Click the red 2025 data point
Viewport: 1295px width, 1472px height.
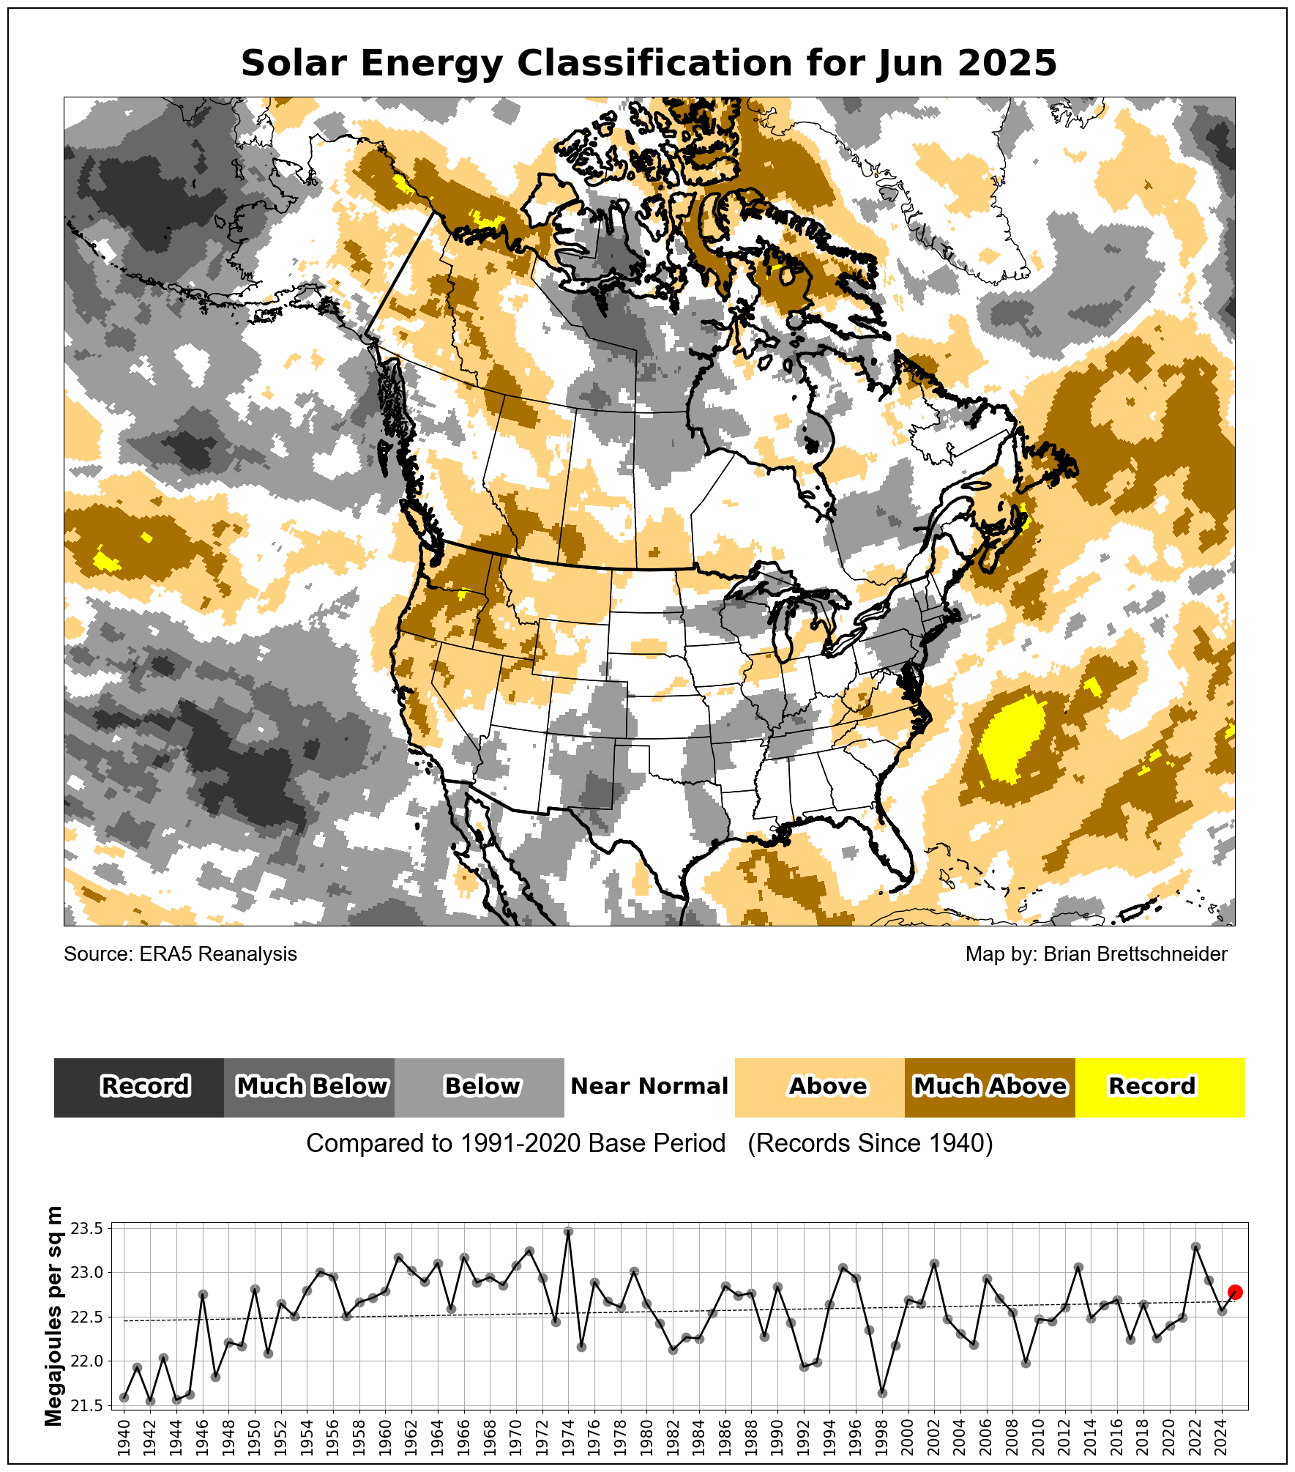1235,1292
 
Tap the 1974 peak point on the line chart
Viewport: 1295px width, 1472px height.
568,1232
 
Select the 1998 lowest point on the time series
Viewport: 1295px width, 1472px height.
882,1393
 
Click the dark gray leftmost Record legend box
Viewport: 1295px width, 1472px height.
139,1088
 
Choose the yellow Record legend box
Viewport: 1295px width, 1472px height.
1160,1088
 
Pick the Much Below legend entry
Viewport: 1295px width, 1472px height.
310,1088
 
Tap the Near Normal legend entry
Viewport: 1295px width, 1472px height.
649,1088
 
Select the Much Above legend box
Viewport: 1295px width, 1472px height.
990,1088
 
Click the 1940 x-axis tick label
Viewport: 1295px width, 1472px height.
124,1437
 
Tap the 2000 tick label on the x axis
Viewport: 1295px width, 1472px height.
908,1437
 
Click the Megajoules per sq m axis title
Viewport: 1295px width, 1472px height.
53,1316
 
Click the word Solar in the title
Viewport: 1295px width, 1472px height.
294,64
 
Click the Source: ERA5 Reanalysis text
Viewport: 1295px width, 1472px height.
180,954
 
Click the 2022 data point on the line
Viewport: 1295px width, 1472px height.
1195,1246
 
